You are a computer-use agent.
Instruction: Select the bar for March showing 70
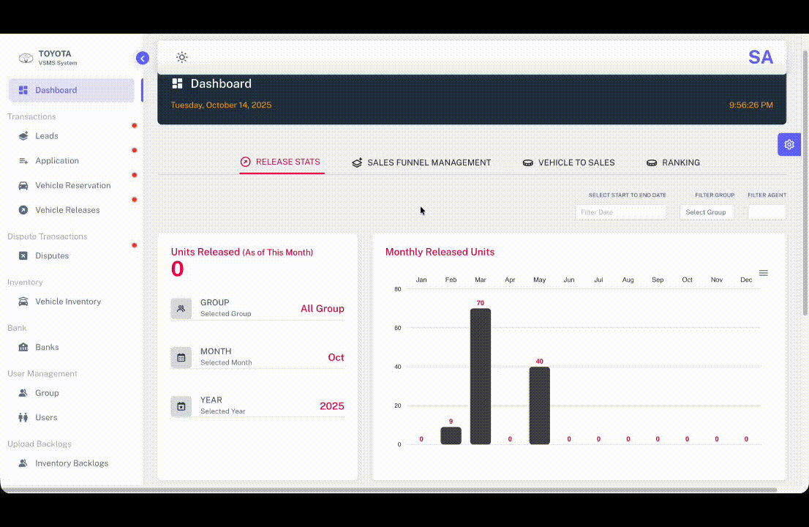(480, 376)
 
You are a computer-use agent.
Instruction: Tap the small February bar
(451, 436)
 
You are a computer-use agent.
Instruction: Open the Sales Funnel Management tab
(421, 162)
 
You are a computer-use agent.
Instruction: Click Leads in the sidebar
(47, 136)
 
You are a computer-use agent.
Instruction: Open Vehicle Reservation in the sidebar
(72, 186)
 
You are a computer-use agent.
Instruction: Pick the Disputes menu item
(52, 256)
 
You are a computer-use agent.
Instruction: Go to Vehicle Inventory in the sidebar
(68, 302)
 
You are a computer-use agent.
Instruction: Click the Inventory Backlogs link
(71, 463)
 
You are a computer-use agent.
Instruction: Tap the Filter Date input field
(620, 212)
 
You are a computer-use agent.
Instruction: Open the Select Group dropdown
(706, 212)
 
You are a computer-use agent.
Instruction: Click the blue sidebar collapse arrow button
(143, 59)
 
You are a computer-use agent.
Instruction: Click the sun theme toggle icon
(182, 57)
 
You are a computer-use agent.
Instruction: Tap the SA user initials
(760, 57)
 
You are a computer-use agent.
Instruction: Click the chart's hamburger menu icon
(763, 273)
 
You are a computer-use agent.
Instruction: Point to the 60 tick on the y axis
(397, 328)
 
